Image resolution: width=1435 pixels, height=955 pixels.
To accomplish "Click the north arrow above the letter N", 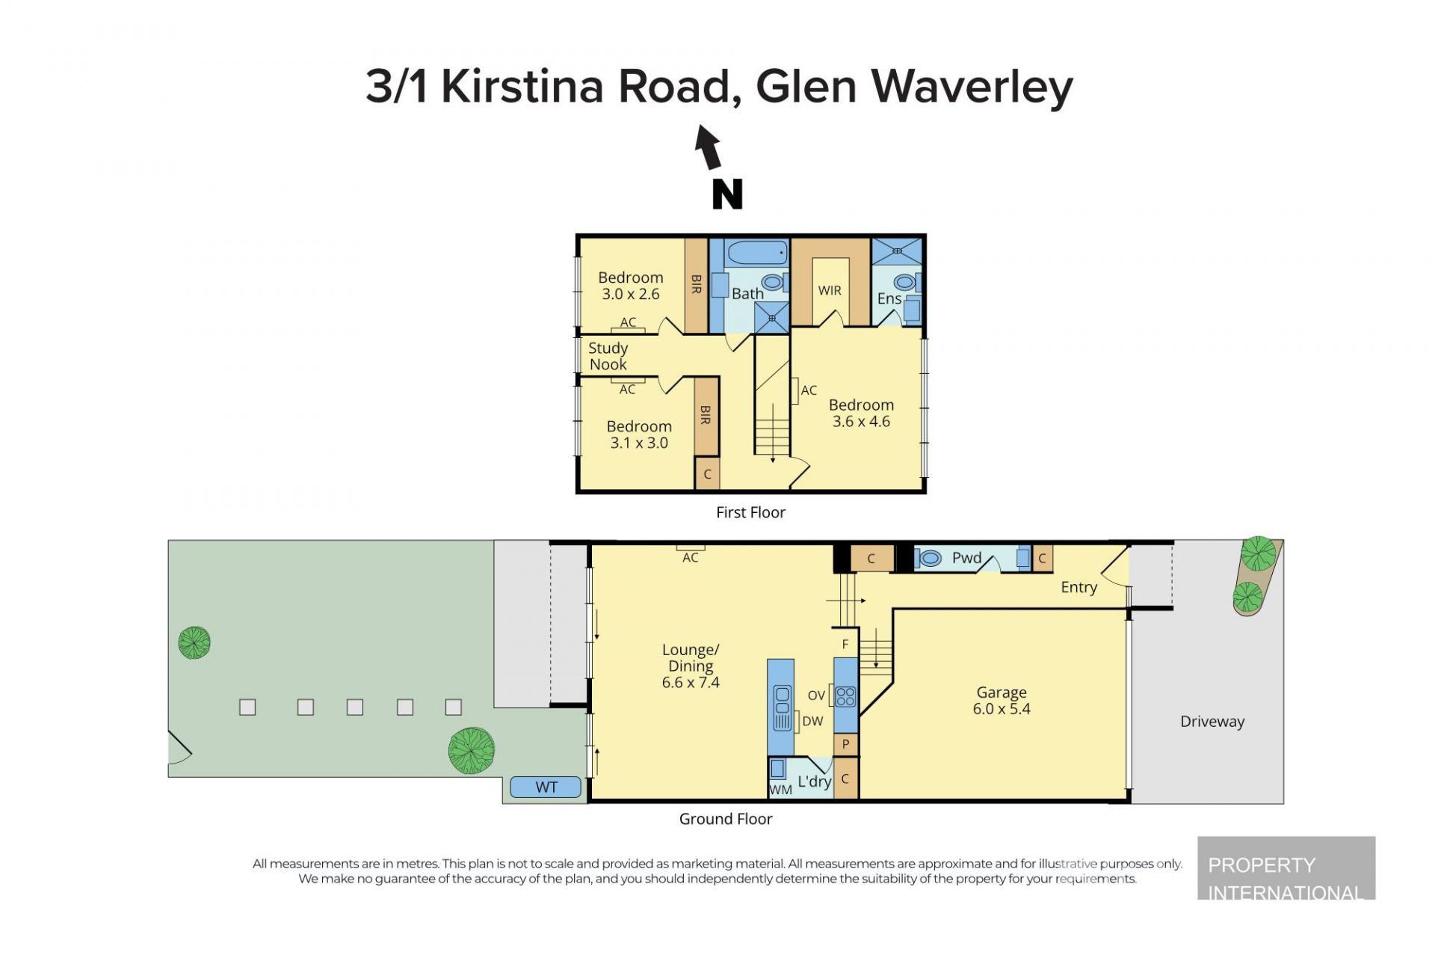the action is pyautogui.click(x=708, y=147).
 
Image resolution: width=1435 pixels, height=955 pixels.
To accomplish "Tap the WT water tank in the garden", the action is pyautogui.click(x=546, y=787).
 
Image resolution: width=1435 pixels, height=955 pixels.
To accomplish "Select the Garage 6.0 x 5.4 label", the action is pyautogui.click(x=1002, y=701).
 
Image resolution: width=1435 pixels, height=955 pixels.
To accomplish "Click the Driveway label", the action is pyautogui.click(x=1212, y=722).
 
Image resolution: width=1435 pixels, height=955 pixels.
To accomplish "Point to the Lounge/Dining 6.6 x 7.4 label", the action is pyautogui.click(x=691, y=666).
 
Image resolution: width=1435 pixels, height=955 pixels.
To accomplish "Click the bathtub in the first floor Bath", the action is pyautogui.click(x=757, y=253).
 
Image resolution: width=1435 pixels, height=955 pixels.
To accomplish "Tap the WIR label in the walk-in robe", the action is pyautogui.click(x=830, y=290).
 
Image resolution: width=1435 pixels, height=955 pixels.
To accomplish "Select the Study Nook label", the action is pyautogui.click(x=608, y=356).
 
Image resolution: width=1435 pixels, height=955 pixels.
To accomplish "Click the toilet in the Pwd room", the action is pyautogui.click(x=928, y=558).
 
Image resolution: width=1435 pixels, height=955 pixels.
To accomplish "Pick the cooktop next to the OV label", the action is pyautogui.click(x=845, y=696).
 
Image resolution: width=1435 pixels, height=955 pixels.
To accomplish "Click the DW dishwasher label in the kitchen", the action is pyautogui.click(x=812, y=722).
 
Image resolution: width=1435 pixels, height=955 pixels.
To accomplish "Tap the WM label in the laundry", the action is pyautogui.click(x=781, y=790).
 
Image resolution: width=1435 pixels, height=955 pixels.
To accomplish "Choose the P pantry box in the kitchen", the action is pyautogui.click(x=845, y=744).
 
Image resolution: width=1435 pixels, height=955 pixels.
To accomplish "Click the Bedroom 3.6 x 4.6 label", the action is pyautogui.click(x=861, y=413).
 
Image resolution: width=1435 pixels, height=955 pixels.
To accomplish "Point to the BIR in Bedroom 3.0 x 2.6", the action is pyautogui.click(x=696, y=285).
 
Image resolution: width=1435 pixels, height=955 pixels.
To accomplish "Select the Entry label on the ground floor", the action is pyautogui.click(x=1079, y=588).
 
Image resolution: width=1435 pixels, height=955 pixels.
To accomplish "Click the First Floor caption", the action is pyautogui.click(x=750, y=512).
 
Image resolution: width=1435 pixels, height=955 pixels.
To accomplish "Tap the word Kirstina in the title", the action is pyautogui.click(x=522, y=87).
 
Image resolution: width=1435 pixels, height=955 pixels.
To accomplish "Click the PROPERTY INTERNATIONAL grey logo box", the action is pyautogui.click(x=1286, y=868).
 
